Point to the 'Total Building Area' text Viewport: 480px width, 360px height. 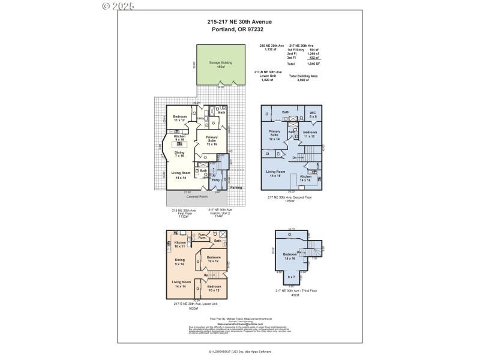click(303, 76)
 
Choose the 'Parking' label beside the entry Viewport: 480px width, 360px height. click(236, 188)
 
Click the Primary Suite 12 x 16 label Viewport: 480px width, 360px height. click(211, 142)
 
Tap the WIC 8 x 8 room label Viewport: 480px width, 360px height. click(312, 114)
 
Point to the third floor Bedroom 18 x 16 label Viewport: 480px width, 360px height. click(290, 256)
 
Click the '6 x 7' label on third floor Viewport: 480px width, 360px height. click(292, 277)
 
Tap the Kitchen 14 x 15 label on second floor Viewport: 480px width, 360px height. click(305, 178)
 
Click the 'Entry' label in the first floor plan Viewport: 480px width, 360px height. click(216, 179)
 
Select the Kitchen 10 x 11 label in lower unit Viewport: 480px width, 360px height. click(180, 244)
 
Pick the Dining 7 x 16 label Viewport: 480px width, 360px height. click(179, 154)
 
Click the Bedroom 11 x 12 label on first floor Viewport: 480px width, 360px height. click(179, 118)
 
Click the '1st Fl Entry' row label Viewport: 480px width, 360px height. click(297, 50)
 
